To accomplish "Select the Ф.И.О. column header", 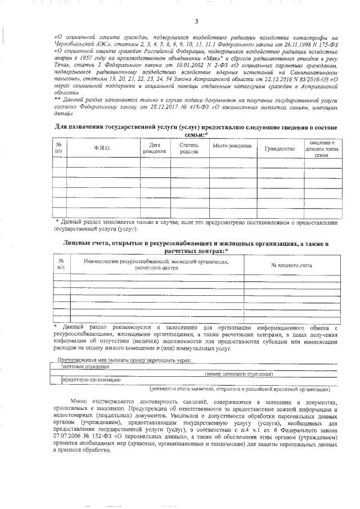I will pos(102,148).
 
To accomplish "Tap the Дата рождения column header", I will pos(154,148).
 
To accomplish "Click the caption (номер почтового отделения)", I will pos(240,373).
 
